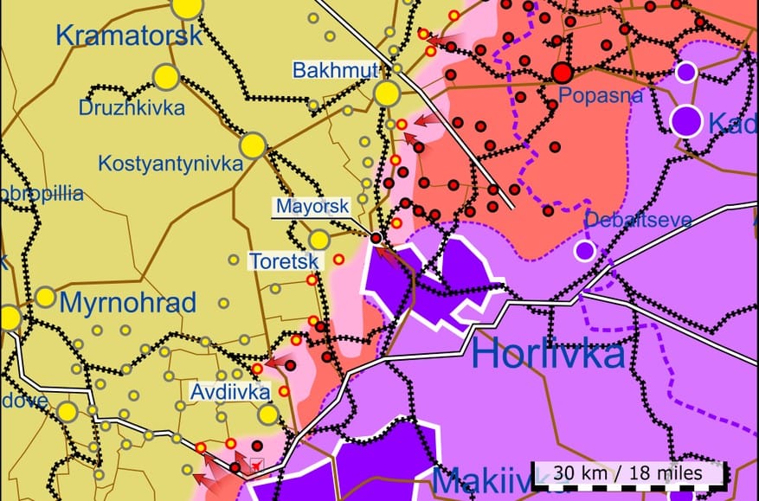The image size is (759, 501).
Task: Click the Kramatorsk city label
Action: tap(128, 35)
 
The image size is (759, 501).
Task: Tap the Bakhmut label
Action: tap(336, 70)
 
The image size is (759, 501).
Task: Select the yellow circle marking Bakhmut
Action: tap(386, 93)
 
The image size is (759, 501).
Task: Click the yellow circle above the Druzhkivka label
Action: tap(165, 78)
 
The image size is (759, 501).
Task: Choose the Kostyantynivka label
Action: tap(170, 163)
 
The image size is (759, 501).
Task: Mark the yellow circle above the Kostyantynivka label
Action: tap(253, 145)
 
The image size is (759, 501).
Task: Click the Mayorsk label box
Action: tap(312, 207)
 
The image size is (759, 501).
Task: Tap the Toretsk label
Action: tap(284, 260)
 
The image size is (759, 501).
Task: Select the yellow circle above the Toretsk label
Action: tap(319, 239)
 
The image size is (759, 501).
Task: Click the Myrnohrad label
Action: tap(128, 303)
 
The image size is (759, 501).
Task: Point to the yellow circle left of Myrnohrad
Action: tap(45, 298)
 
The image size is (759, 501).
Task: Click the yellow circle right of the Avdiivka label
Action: tap(268, 414)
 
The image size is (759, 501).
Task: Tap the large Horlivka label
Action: tap(549, 354)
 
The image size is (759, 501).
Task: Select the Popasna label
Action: tap(601, 95)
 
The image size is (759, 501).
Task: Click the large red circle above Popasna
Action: tap(563, 72)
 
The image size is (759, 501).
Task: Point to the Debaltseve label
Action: tap(638, 220)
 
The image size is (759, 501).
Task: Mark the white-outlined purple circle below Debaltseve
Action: tap(585, 251)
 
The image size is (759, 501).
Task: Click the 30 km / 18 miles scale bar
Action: tap(628, 474)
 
